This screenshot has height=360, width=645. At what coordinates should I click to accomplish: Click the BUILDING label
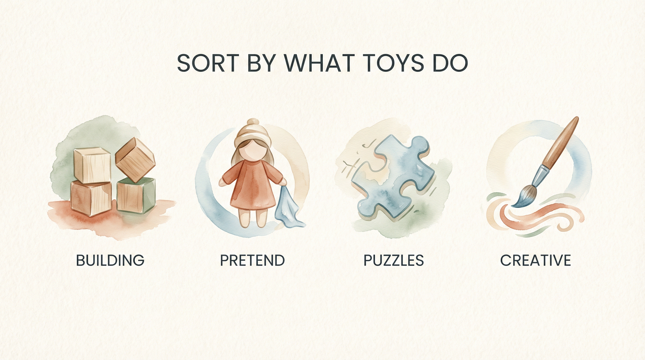click(110, 260)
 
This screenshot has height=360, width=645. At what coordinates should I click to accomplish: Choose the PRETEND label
click(252, 260)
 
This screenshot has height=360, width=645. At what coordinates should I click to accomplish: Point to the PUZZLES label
click(393, 260)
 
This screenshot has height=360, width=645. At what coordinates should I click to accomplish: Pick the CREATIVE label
click(535, 260)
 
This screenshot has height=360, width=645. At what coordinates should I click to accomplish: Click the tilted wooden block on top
click(135, 160)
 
